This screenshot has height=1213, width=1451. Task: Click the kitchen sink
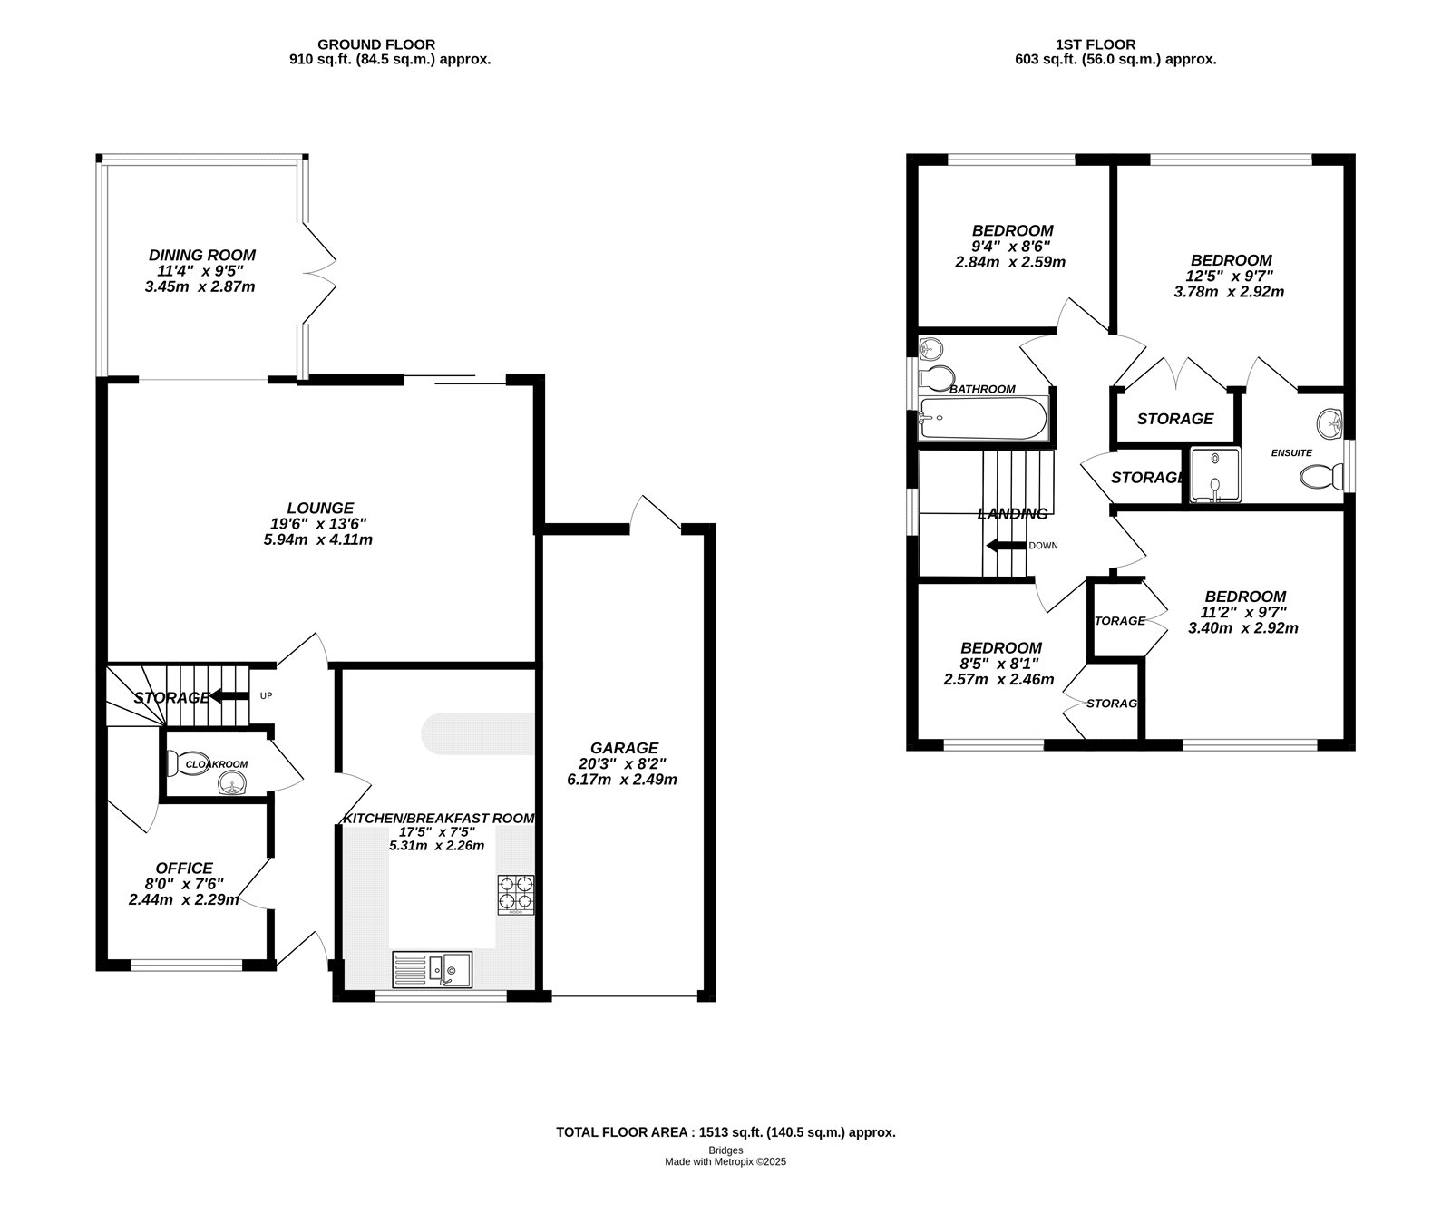coord(432,969)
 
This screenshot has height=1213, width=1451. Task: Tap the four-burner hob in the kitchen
coord(515,893)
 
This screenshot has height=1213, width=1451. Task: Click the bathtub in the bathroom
coord(983,419)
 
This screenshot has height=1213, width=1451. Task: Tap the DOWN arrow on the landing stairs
coord(1005,546)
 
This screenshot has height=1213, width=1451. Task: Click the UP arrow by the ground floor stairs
coord(227,696)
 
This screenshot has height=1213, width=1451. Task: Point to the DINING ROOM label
coord(202,256)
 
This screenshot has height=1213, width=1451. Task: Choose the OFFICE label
coord(184,869)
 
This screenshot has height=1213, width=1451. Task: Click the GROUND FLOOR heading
coord(376,44)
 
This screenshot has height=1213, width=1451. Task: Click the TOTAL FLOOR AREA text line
coord(725,1132)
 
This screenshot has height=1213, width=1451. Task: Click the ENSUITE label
coord(1291,452)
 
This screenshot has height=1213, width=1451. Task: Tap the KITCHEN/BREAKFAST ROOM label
coord(439,819)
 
